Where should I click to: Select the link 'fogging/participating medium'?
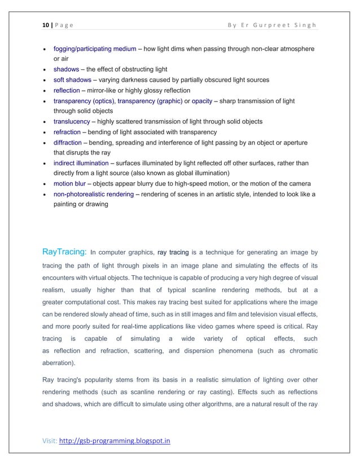pos(98,49)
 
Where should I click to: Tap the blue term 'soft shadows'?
pos(72,80)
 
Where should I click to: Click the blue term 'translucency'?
pos(71,121)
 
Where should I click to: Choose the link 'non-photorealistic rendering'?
pos(93,194)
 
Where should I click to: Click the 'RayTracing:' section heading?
pos(64,250)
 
